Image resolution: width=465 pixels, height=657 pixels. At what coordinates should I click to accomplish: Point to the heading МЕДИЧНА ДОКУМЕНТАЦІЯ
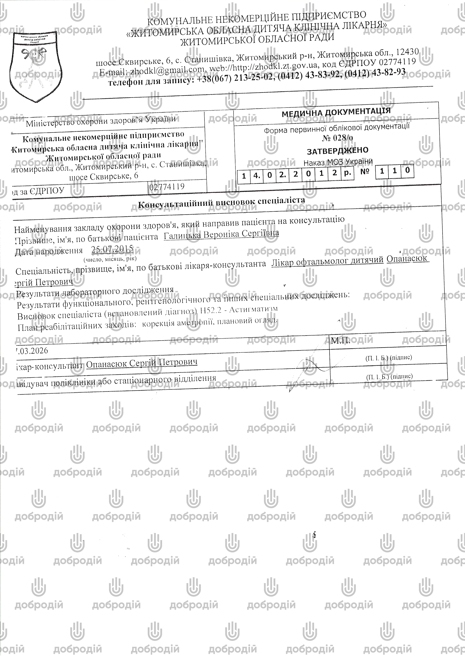336,113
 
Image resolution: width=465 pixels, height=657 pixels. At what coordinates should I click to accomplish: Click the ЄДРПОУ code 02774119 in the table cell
167,187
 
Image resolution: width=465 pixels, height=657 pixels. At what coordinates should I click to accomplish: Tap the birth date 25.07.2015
112,249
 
